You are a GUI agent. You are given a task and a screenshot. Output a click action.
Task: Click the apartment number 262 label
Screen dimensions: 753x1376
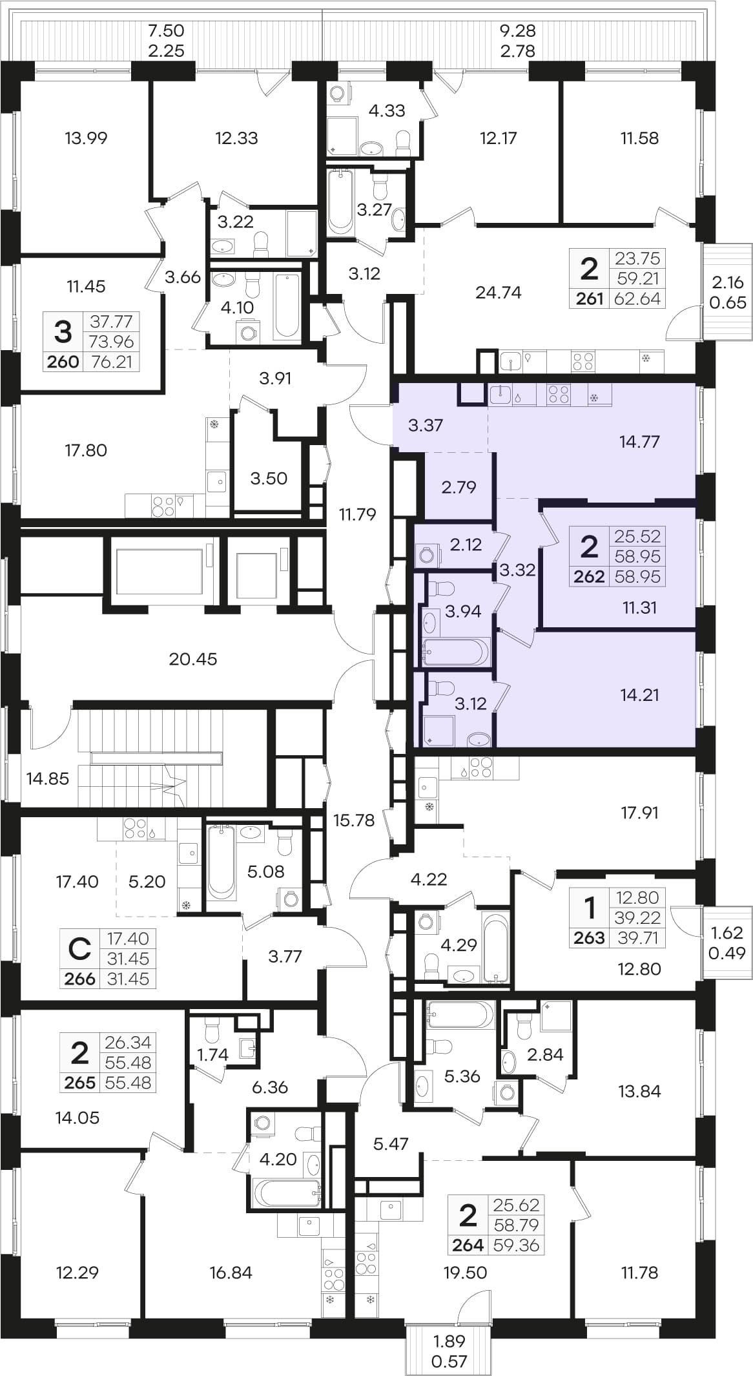coord(589,576)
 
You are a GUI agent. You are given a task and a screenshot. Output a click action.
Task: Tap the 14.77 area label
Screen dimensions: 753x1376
coord(639,442)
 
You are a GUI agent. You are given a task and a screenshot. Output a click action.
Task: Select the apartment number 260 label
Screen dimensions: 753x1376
coord(63,362)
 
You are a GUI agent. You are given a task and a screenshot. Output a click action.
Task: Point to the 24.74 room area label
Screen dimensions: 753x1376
coord(498,293)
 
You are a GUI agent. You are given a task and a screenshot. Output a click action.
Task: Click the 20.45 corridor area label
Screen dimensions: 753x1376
coord(192,659)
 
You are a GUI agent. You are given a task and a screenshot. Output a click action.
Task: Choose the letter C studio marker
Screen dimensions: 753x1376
coord(79,949)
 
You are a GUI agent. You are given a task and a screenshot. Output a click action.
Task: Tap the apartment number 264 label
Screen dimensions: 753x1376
coord(468,1246)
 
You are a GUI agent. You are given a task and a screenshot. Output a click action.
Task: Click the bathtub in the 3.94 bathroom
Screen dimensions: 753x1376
coord(455,651)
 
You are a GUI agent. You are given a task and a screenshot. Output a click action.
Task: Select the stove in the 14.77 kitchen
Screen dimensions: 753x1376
coord(559,395)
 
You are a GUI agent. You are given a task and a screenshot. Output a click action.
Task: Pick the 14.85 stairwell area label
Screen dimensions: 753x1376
coord(48,778)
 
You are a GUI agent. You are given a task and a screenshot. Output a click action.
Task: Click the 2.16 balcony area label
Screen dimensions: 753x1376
coord(727,282)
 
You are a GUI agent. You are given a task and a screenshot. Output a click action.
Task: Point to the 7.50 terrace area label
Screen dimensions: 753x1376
coord(166,30)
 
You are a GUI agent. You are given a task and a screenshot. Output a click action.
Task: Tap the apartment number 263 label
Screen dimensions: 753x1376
coord(589,937)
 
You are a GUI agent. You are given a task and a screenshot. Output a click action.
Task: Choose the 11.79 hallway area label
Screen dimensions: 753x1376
coord(357,514)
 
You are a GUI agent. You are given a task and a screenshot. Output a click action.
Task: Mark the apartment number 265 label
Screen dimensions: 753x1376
coord(79,1082)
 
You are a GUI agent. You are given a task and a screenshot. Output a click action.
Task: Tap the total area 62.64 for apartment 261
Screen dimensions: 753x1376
coord(637,298)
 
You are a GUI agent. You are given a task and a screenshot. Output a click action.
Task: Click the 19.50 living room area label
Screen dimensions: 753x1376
coord(465,1272)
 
